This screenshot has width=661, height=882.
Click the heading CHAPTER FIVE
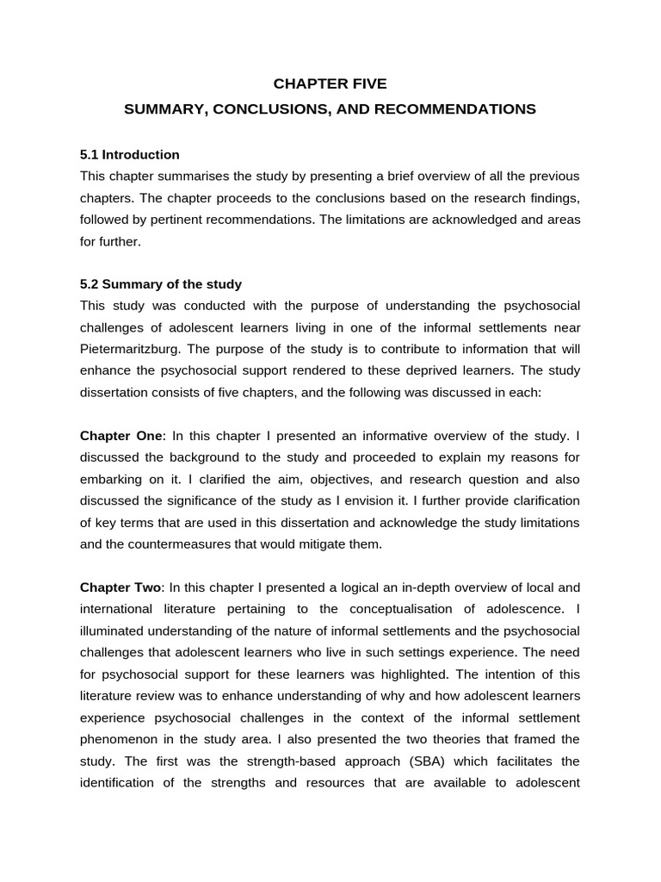(x=330, y=84)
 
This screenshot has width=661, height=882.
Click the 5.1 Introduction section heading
(x=130, y=155)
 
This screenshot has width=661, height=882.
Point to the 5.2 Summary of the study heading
(x=161, y=284)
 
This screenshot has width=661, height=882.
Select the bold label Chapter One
(x=120, y=436)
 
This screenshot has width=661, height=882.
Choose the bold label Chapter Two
(x=120, y=587)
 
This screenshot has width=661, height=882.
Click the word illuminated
(x=117, y=630)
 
